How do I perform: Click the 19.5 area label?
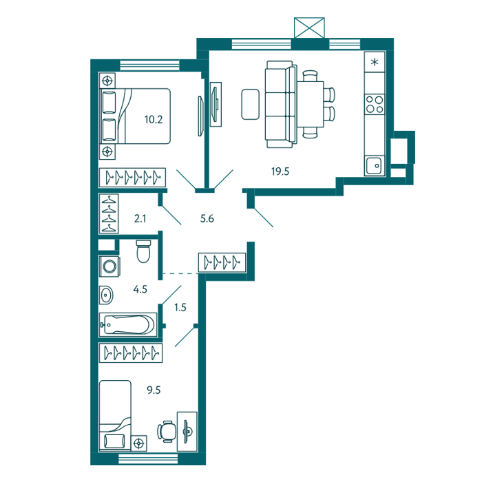point(280,171)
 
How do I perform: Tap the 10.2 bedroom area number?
point(154,119)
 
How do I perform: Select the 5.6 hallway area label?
point(207,218)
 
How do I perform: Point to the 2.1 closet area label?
point(140,218)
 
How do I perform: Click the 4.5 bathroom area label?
point(140,289)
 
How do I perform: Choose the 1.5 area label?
point(180,307)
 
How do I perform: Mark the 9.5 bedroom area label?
point(154,390)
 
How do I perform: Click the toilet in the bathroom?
point(143,251)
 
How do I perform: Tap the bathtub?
point(128,324)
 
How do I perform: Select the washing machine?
point(109,266)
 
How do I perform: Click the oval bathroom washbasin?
point(106,295)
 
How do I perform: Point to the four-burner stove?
point(375,105)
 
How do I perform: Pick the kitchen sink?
point(374,165)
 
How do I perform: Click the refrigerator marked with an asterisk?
point(375,63)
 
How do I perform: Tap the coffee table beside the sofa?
point(250,104)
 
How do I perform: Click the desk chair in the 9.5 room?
point(167,432)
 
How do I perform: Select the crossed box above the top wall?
point(309,28)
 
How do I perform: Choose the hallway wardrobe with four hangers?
point(222,262)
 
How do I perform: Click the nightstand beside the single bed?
point(139,443)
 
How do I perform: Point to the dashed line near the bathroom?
point(180,273)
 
